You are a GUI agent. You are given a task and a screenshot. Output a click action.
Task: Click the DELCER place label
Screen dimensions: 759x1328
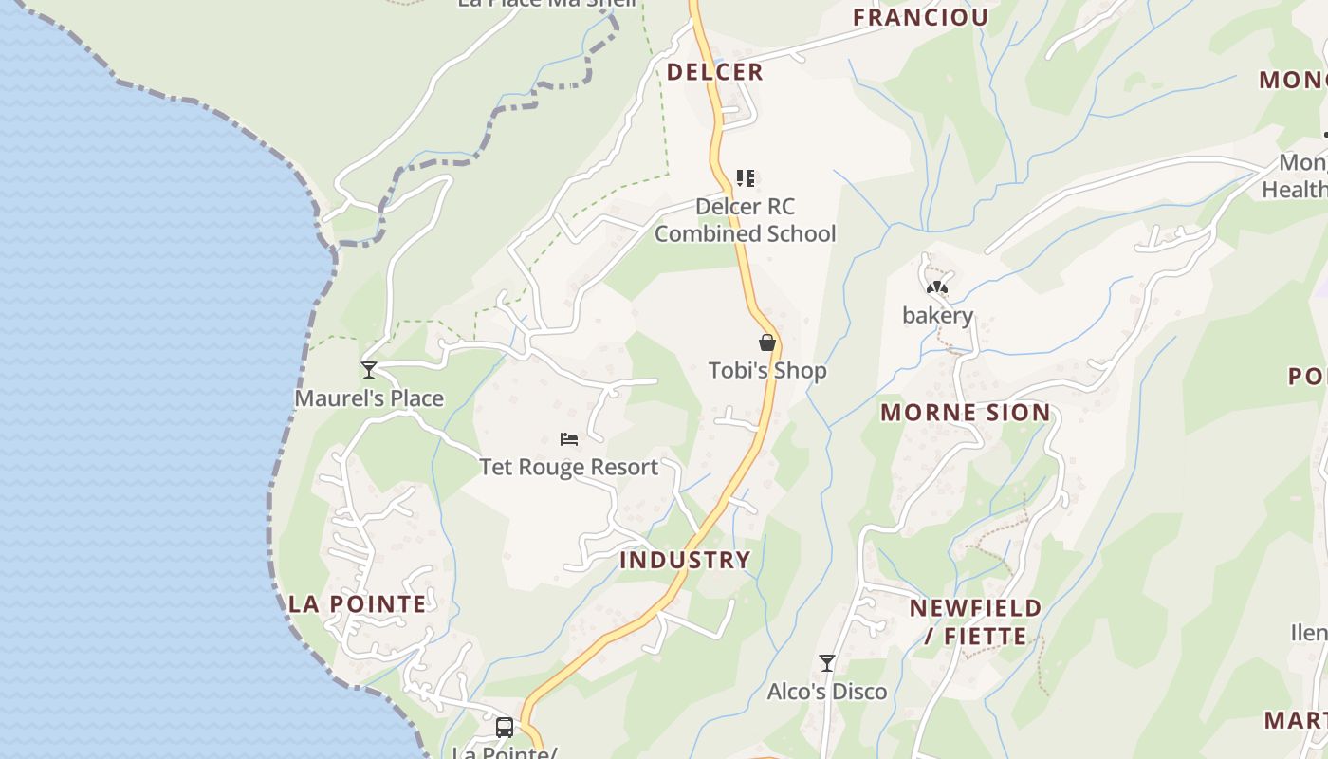(x=714, y=72)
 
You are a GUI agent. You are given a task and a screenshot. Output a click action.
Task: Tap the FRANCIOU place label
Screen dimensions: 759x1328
(x=920, y=17)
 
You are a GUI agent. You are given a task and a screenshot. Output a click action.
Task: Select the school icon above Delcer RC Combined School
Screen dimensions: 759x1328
(x=746, y=177)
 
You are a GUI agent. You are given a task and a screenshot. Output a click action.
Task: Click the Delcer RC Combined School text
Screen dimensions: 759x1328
(x=746, y=220)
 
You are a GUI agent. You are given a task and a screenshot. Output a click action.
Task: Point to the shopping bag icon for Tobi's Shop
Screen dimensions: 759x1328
(x=767, y=342)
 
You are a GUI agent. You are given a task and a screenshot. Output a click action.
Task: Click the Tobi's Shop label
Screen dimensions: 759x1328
(x=767, y=371)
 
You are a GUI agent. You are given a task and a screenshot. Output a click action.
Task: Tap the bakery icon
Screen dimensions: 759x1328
(x=937, y=287)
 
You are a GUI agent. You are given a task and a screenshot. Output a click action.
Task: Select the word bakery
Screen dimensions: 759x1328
(x=937, y=316)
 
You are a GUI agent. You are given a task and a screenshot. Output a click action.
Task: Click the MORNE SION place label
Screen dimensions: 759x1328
(x=966, y=413)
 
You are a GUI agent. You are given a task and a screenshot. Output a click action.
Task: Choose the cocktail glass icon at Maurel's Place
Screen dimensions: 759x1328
(x=369, y=370)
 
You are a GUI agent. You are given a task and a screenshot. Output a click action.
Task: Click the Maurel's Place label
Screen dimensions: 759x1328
(x=369, y=398)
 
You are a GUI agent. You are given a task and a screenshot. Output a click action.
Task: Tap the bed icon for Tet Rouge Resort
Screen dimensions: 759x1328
(x=569, y=438)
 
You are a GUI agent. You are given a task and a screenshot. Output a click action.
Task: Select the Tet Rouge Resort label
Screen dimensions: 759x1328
(x=569, y=467)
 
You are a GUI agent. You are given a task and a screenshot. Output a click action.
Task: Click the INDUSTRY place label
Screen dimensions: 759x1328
(x=685, y=560)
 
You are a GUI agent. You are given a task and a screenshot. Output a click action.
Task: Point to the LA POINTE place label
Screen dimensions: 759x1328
(x=358, y=604)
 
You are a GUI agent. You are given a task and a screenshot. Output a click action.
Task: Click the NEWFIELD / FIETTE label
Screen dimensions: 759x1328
(x=976, y=621)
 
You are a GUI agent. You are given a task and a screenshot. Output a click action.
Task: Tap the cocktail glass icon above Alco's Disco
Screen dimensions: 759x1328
(x=827, y=663)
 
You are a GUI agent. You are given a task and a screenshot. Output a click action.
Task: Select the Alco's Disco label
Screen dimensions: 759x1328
(x=827, y=692)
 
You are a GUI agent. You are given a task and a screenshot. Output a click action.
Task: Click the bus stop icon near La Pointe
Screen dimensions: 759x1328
(x=505, y=728)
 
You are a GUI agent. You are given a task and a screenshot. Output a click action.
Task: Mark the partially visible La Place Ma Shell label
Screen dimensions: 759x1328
(x=547, y=4)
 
